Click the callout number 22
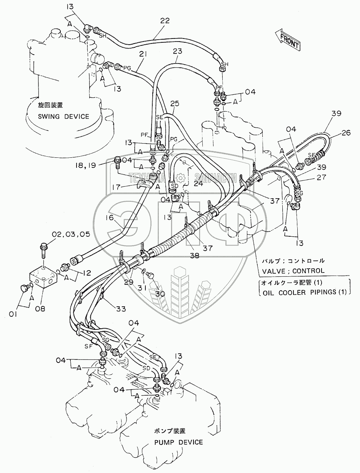[x=164, y=21]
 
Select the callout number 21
[x=143, y=55]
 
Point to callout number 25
[x=175, y=104]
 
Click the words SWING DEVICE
[x=63, y=116]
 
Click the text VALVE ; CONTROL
[x=293, y=271]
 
